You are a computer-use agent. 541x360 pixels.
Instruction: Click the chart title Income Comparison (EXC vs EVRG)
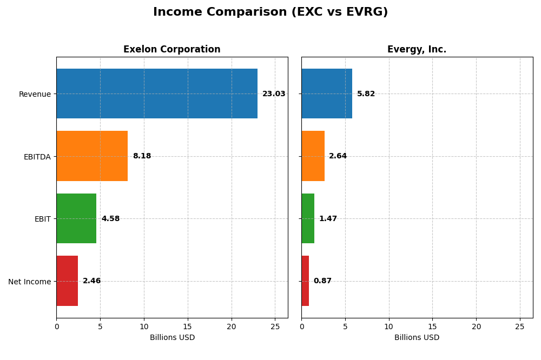click(270, 12)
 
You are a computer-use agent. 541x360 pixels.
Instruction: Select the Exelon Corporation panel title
click(171, 50)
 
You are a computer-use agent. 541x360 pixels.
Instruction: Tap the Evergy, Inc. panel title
click(417, 50)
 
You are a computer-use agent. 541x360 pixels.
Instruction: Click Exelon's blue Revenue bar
click(157, 94)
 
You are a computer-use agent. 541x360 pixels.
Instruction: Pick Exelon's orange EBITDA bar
click(92, 156)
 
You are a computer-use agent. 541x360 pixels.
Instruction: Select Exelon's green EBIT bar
click(76, 218)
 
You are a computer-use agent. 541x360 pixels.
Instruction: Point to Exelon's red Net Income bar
click(67, 281)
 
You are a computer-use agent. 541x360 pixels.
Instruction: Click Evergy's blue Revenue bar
click(327, 94)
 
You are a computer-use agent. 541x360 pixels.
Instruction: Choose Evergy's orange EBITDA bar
click(313, 156)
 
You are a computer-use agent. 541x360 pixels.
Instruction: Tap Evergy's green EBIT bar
click(308, 218)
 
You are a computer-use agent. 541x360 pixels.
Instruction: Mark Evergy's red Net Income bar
click(305, 281)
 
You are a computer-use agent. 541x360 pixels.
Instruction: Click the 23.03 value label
click(274, 94)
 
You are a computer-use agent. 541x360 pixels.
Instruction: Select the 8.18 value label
click(142, 156)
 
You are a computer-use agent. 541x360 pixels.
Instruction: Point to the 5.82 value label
click(366, 94)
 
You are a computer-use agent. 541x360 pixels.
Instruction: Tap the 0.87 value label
click(322, 281)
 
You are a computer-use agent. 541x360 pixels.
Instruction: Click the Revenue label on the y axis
click(35, 95)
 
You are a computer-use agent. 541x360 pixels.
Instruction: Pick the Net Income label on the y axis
click(29, 282)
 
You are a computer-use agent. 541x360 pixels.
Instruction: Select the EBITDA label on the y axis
click(37, 157)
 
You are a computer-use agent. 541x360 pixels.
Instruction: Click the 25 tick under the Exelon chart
click(275, 326)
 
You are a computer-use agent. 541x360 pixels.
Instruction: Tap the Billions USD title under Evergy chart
click(417, 338)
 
